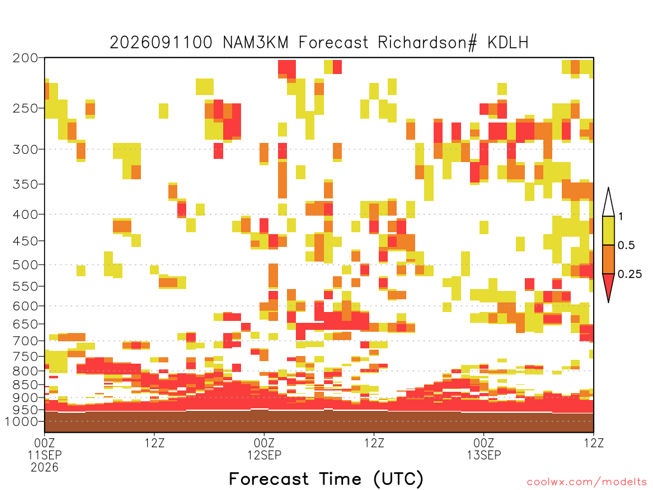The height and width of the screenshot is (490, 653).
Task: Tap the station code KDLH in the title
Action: pos(508,43)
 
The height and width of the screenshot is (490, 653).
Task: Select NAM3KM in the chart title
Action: pos(256,43)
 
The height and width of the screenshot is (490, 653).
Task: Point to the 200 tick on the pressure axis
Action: pos(25,58)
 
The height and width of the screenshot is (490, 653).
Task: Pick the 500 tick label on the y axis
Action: pos(25,265)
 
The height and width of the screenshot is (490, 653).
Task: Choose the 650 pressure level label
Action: pos(25,324)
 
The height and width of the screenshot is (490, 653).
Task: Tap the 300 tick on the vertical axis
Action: pos(25,149)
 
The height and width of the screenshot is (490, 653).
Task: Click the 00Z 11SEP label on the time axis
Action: pos(45,449)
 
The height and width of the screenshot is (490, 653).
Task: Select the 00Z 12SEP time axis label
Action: pos(264,449)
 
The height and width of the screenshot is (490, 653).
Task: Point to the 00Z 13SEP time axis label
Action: pos(483,449)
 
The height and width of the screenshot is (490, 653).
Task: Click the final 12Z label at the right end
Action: pos(594,443)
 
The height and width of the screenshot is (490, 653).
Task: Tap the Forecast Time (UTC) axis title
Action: pos(326,479)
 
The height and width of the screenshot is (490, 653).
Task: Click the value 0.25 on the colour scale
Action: pos(629,274)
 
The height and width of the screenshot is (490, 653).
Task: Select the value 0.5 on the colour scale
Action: pos(626,245)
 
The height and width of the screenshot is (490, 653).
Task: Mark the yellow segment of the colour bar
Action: pos(608,230)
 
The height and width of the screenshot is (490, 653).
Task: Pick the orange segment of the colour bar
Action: pos(608,259)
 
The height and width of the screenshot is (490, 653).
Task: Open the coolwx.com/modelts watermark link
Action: pos(587,482)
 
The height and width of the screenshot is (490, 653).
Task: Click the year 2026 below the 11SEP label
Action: pos(45,467)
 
